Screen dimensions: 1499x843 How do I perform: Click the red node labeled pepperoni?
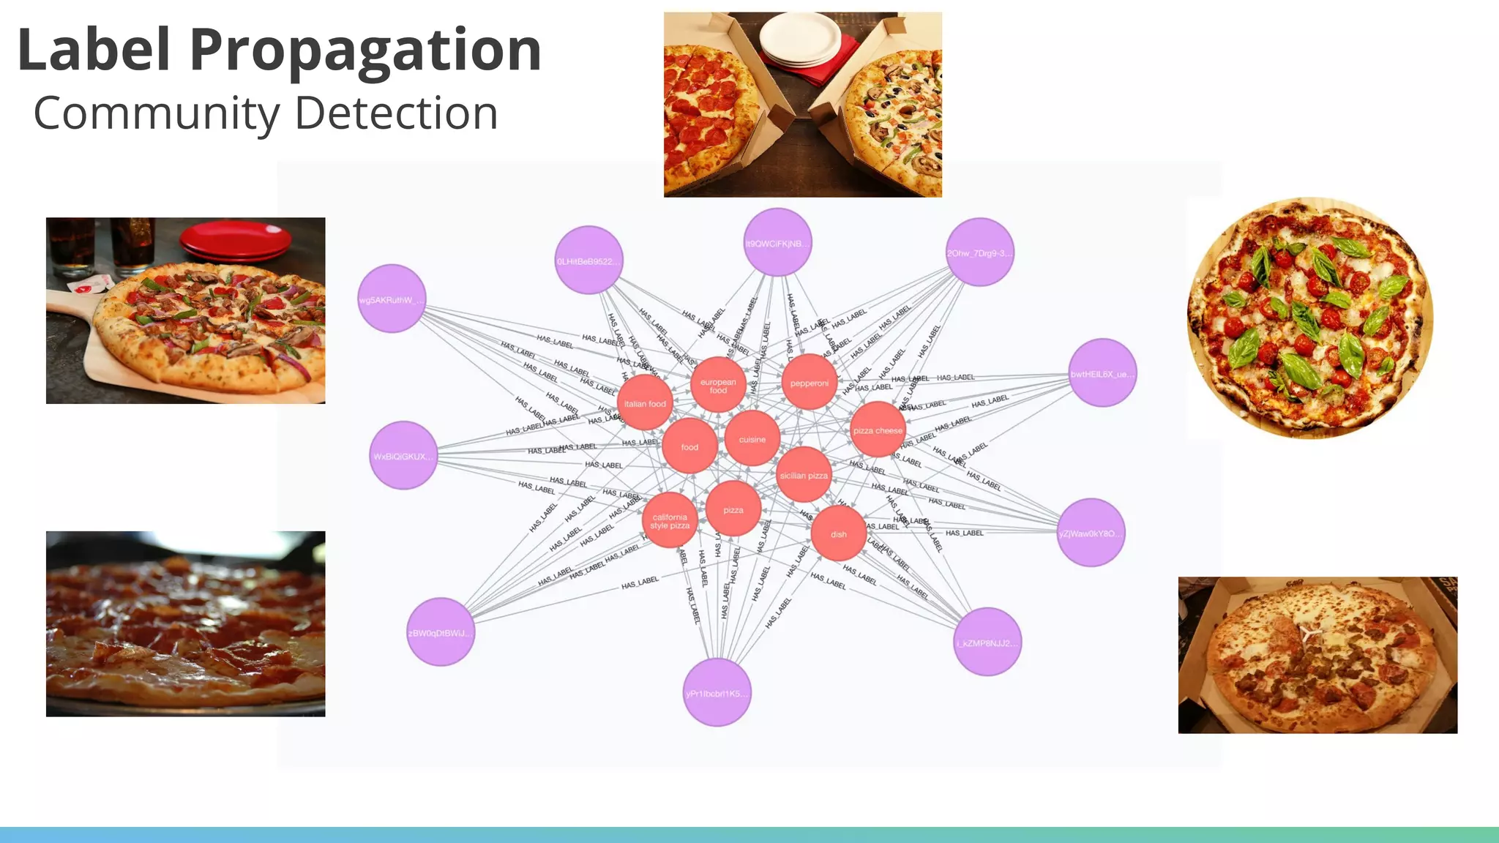(x=810, y=383)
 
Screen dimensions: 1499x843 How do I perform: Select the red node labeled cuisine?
(x=752, y=439)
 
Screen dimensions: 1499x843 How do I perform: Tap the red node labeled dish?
(x=839, y=534)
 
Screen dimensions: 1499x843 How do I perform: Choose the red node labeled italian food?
(x=645, y=403)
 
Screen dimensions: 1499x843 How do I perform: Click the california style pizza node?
(x=670, y=521)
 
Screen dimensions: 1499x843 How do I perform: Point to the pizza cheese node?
(x=878, y=430)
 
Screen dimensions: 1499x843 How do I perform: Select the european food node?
(x=718, y=386)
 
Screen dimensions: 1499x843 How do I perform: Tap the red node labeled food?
(x=689, y=446)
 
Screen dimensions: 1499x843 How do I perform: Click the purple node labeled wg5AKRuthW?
(x=392, y=299)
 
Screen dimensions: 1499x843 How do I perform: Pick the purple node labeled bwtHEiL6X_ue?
(x=1102, y=374)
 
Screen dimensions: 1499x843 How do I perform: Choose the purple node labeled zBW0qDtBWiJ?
(x=440, y=632)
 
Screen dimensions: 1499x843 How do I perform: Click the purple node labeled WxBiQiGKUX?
(x=403, y=456)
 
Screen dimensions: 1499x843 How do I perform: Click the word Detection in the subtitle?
(x=396, y=113)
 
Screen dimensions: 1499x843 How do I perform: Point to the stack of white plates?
(x=801, y=40)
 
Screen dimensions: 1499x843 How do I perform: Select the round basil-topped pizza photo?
(x=1309, y=318)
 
